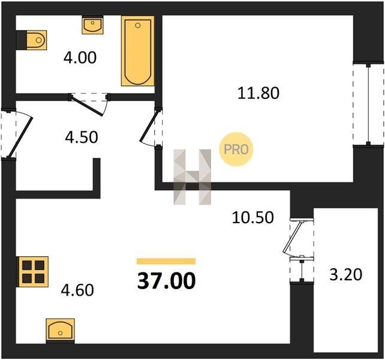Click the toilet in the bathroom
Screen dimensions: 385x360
(37, 40)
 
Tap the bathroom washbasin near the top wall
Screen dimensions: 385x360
(92, 25)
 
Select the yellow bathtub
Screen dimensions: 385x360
(138, 51)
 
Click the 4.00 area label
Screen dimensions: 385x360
(80, 58)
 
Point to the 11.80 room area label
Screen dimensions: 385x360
(258, 93)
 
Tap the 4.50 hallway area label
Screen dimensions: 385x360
(82, 137)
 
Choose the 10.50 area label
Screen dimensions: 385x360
(252, 217)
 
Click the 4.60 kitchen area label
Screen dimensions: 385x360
(77, 290)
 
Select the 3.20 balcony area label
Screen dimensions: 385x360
(345, 274)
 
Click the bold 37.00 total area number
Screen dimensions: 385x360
(167, 281)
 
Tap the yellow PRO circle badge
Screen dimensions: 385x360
(236, 149)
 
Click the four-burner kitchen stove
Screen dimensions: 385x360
(32, 272)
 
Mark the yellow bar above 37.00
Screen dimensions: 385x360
(166, 261)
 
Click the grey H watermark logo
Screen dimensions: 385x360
(192, 177)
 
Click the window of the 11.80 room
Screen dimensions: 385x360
(368, 104)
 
